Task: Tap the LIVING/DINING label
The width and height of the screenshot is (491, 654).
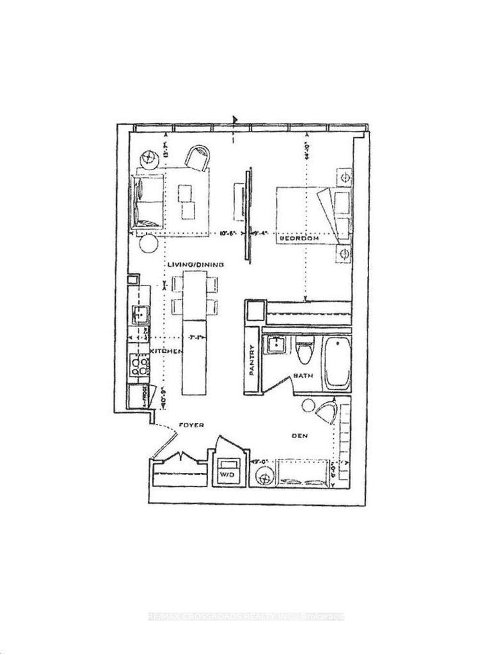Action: [196, 264]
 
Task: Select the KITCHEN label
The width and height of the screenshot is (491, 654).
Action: [166, 351]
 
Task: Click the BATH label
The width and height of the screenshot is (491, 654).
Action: [303, 375]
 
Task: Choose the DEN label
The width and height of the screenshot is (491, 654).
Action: [300, 436]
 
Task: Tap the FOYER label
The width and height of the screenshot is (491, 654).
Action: [191, 425]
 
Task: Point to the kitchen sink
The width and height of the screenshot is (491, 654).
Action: [140, 315]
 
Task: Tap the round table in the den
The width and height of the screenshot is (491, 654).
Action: [264, 477]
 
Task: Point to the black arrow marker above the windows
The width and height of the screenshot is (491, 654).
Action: [234, 119]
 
